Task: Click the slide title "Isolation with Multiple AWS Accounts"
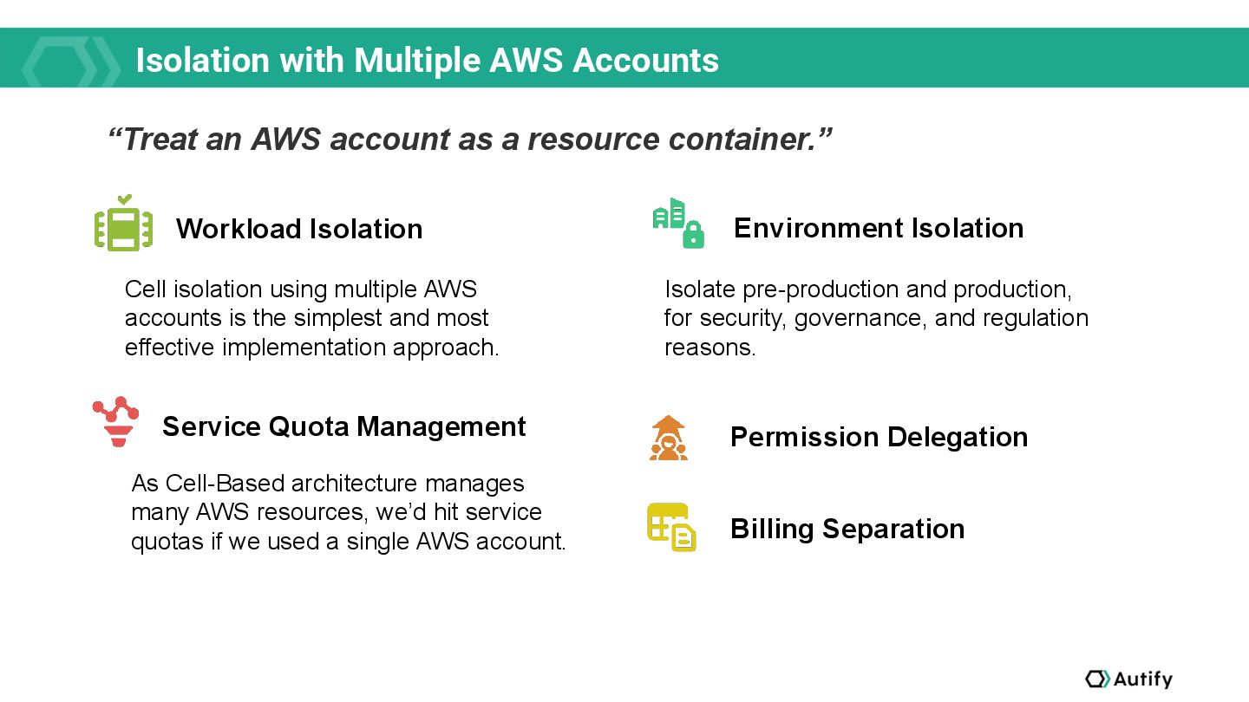(x=427, y=60)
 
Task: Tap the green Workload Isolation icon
(x=123, y=225)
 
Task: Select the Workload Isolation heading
(x=299, y=229)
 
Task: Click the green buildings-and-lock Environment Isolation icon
(x=678, y=224)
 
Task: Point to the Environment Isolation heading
(x=878, y=228)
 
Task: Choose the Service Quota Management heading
(x=343, y=426)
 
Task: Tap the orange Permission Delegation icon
(x=668, y=438)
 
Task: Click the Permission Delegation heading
(x=879, y=437)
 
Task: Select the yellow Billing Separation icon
(x=671, y=527)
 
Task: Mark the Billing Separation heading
(x=847, y=529)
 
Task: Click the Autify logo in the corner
(x=1128, y=679)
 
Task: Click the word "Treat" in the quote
(x=160, y=139)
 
